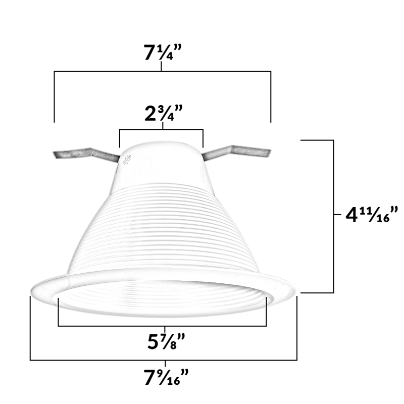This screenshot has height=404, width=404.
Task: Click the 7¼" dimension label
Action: pos(162,53)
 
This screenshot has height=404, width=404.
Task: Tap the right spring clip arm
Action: pos(237,152)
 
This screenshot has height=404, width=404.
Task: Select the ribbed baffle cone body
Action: pos(162,232)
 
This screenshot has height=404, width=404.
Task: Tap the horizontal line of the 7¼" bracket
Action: pos(162,71)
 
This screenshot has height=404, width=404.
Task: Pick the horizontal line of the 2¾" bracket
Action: pos(161,130)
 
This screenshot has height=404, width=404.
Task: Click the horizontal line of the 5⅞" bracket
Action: pos(162,326)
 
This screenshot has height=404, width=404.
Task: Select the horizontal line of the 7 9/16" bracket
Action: pos(162,360)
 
